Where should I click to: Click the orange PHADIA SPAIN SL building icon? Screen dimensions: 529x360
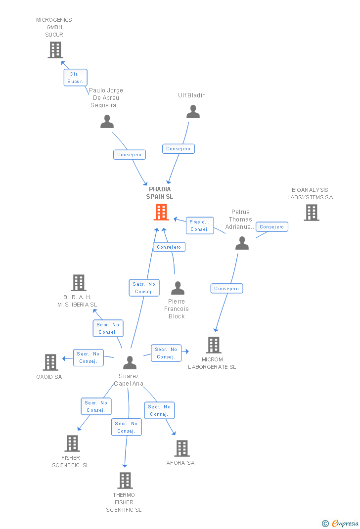(x=161, y=212)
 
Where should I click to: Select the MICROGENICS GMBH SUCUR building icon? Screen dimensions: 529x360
(x=55, y=50)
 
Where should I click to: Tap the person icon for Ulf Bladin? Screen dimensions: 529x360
(x=193, y=112)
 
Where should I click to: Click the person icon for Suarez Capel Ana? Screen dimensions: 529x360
(x=130, y=362)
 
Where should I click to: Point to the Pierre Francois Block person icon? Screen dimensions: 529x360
(x=178, y=288)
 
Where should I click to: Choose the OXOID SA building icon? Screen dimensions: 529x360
(x=50, y=362)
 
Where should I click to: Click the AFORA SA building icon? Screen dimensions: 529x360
(x=182, y=448)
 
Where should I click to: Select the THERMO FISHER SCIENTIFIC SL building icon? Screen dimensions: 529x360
(x=125, y=480)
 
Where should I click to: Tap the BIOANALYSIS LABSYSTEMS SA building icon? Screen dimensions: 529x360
(x=311, y=213)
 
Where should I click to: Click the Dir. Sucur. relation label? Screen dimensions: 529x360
(x=75, y=78)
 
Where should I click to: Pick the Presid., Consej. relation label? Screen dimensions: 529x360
(x=200, y=225)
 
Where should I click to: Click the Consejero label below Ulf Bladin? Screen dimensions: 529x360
(x=179, y=149)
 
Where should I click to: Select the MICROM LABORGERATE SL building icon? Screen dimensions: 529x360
(x=213, y=345)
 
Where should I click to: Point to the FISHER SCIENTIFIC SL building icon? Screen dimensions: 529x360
(x=72, y=443)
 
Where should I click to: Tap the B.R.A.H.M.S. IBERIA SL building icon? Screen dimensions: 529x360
(x=78, y=283)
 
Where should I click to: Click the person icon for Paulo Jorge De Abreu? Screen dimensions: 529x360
(x=107, y=122)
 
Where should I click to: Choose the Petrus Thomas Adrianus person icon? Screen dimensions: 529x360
(x=242, y=243)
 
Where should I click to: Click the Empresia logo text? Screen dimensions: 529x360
(x=344, y=523)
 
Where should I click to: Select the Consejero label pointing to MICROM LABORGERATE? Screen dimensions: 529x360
(x=227, y=289)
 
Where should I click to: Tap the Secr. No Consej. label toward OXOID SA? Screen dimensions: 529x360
(x=89, y=357)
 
